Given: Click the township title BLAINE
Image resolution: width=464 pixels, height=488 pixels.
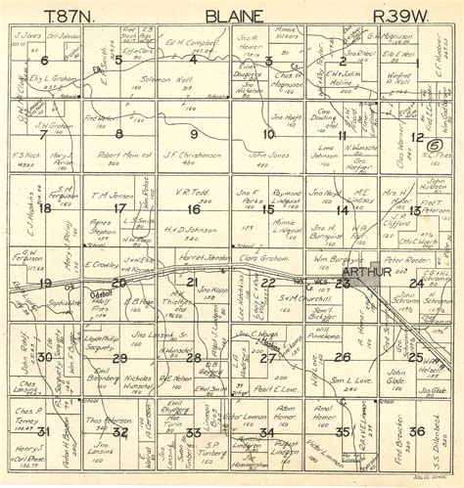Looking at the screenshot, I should coord(232,17).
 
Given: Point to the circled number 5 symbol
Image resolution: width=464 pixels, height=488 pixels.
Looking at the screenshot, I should coord(433,145).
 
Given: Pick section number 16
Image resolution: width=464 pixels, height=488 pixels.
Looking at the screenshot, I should coord(193,208).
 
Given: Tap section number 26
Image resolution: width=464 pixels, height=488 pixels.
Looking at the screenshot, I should coord(343,358).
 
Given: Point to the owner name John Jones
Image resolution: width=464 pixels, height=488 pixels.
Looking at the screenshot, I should coord(267,155).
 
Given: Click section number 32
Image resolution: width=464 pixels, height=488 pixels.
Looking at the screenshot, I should coord(119,430).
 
